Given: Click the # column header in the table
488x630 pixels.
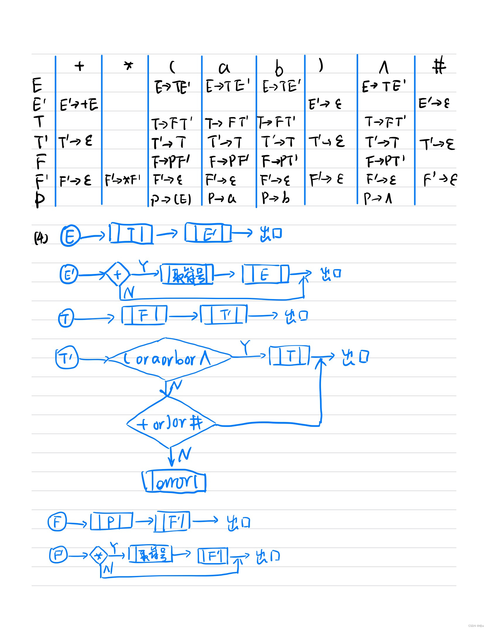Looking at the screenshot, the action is (439, 66).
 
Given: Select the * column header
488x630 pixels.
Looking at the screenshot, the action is (128, 66).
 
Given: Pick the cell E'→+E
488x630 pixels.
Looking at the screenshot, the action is (79, 105).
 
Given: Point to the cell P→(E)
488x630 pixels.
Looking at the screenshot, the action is (171, 199).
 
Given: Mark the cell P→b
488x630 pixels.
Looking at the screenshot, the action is (276, 198).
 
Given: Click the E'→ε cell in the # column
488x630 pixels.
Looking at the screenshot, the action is (434, 103).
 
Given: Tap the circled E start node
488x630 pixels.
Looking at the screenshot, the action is (70, 235).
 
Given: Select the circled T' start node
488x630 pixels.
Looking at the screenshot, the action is (67, 357).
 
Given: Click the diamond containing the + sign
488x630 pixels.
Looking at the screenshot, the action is (118, 274).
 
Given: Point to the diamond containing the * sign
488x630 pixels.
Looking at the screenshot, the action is (99, 556).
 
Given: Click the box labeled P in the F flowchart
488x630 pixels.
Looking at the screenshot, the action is (111, 521).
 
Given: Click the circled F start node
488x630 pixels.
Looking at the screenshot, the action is (57, 522).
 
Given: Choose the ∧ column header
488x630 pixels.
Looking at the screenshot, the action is (384, 67).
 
